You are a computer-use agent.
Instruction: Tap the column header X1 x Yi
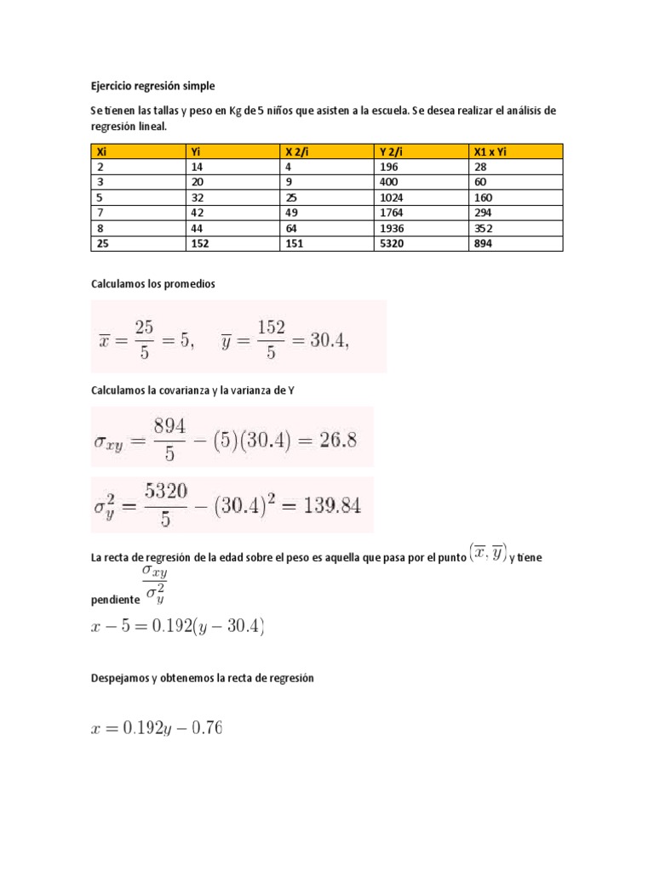pyautogui.click(x=493, y=151)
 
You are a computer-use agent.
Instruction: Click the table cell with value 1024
pyautogui.click(x=392, y=198)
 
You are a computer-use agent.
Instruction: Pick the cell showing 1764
pyautogui.click(x=392, y=213)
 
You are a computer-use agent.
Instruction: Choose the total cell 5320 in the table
pyautogui.click(x=392, y=244)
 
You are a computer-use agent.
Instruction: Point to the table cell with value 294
pyautogui.click(x=483, y=213)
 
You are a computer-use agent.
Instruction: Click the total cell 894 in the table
pyautogui.click(x=483, y=244)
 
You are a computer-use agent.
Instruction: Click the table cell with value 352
pyautogui.click(x=483, y=229)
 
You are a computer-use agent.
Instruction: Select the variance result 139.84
pyautogui.click(x=324, y=505)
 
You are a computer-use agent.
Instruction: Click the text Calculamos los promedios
pyautogui.click(x=153, y=283)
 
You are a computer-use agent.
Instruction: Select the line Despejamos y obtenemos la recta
pyautogui.click(x=203, y=678)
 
